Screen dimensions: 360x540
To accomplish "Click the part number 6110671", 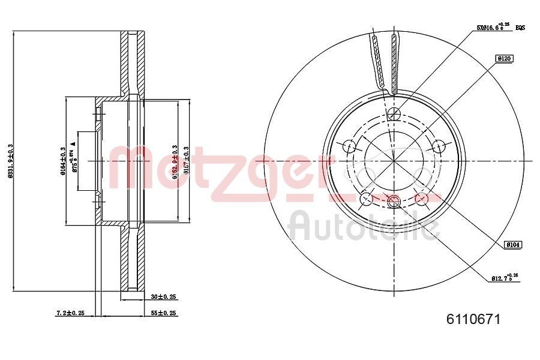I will (x=473, y=319).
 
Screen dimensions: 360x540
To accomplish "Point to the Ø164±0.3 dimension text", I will (x=62, y=161).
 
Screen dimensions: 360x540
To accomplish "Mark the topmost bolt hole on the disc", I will (x=394, y=115).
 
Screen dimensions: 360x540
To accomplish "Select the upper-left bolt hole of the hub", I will (x=349, y=146).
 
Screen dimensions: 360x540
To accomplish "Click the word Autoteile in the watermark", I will (x=364, y=226).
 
